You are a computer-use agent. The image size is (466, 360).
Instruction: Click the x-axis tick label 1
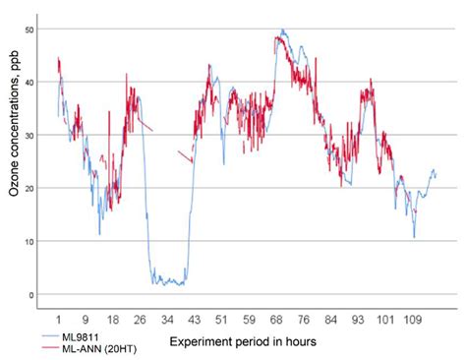point(59,320)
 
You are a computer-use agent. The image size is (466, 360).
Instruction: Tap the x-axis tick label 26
point(140,320)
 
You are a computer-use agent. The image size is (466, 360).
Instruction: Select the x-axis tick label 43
point(195,320)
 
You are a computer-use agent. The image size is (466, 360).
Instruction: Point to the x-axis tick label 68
point(277,320)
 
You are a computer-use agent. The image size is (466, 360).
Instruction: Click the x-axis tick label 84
point(331,320)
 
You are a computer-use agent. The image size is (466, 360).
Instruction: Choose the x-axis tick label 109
point(412,320)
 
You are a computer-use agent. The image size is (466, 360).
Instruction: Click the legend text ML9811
point(79,336)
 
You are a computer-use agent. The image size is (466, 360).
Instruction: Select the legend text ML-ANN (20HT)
point(98,347)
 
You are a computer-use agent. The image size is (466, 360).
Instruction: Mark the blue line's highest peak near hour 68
point(283,30)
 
